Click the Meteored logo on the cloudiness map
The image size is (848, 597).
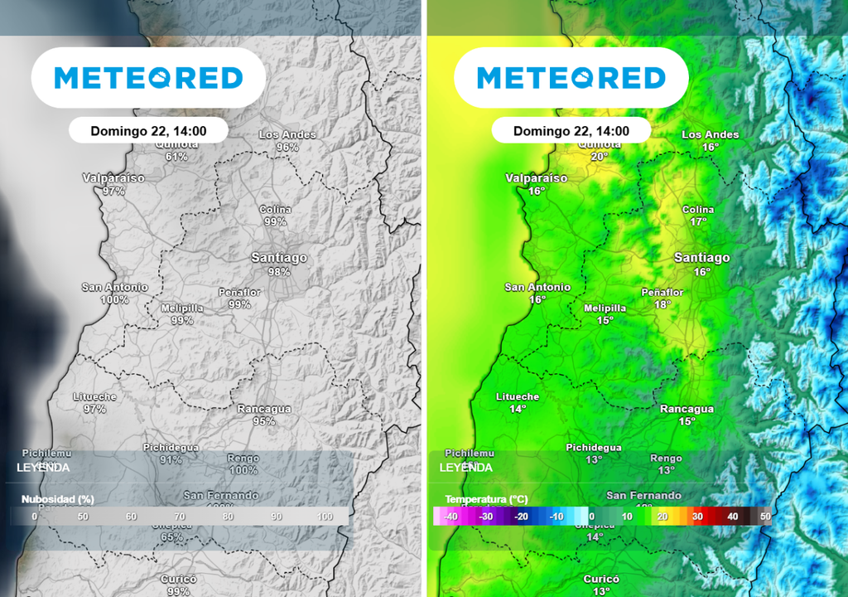[x=148, y=78]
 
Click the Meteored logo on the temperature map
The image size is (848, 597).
[x=571, y=78]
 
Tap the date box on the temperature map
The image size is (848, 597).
[x=571, y=131]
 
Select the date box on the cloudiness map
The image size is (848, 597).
[x=148, y=130]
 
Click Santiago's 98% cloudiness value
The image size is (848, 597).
[x=279, y=272]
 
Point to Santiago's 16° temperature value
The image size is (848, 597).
[x=702, y=272]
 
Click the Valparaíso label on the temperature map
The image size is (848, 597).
[x=537, y=178]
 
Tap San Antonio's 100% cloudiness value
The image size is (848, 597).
[x=115, y=299]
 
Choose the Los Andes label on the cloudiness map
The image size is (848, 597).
[x=287, y=134]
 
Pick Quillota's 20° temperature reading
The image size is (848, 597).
[x=599, y=156]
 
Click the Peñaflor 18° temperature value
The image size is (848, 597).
[x=662, y=304]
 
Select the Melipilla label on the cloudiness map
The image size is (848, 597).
[x=182, y=308]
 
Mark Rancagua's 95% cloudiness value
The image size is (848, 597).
[x=264, y=421]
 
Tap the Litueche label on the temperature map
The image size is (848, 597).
[x=518, y=397]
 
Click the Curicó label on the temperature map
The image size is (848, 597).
[x=601, y=579]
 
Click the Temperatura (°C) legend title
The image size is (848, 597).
[x=486, y=499]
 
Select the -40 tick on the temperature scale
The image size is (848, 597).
[x=450, y=517]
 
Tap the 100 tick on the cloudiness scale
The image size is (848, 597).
[x=325, y=517]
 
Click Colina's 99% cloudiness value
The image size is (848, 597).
[x=276, y=222]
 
